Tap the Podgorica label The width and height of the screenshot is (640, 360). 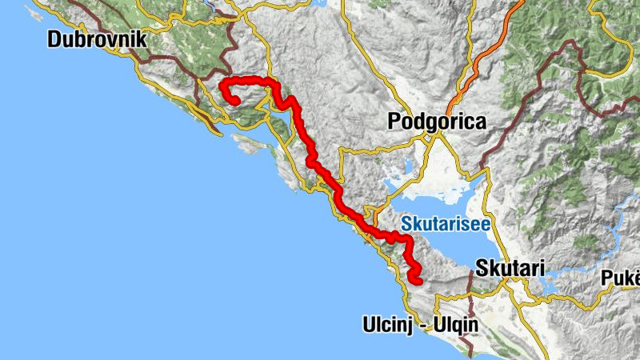click(x=437, y=122)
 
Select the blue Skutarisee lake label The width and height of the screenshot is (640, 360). click(x=446, y=225)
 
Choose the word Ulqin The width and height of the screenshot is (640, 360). click(x=454, y=326)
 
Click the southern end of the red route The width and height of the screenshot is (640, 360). click(x=416, y=279)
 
